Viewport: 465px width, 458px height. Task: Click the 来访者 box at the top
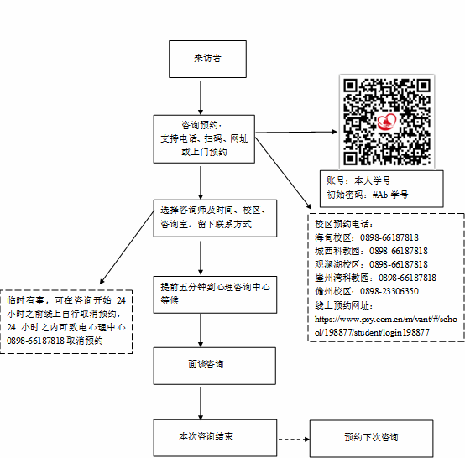[207, 59]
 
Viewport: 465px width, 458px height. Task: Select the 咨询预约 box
[204, 139]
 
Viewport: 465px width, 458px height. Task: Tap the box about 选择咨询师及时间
[215, 218]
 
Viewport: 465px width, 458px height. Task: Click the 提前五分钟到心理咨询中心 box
[215, 294]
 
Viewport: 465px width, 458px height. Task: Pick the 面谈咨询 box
[214, 366]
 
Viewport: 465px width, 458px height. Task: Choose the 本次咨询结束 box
[215, 438]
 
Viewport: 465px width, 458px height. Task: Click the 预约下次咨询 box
[371, 439]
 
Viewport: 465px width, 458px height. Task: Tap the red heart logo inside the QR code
[387, 122]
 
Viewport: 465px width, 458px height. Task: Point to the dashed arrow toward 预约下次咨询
[294, 439]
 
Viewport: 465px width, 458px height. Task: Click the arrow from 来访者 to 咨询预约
[201, 98]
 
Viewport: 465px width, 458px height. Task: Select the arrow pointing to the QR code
[296, 132]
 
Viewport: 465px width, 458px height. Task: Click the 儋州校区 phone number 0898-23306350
[389, 291]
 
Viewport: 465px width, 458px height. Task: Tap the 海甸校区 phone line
[367, 237]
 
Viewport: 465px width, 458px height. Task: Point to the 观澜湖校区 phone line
[371, 264]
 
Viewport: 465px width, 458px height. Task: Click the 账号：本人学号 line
[358, 180]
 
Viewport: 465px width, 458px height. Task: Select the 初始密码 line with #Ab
[367, 195]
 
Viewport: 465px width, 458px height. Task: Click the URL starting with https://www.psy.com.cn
[386, 325]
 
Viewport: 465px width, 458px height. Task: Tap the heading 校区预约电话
[344, 224]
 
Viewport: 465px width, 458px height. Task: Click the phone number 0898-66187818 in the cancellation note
[35, 341]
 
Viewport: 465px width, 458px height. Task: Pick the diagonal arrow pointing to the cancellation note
[127, 247]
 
